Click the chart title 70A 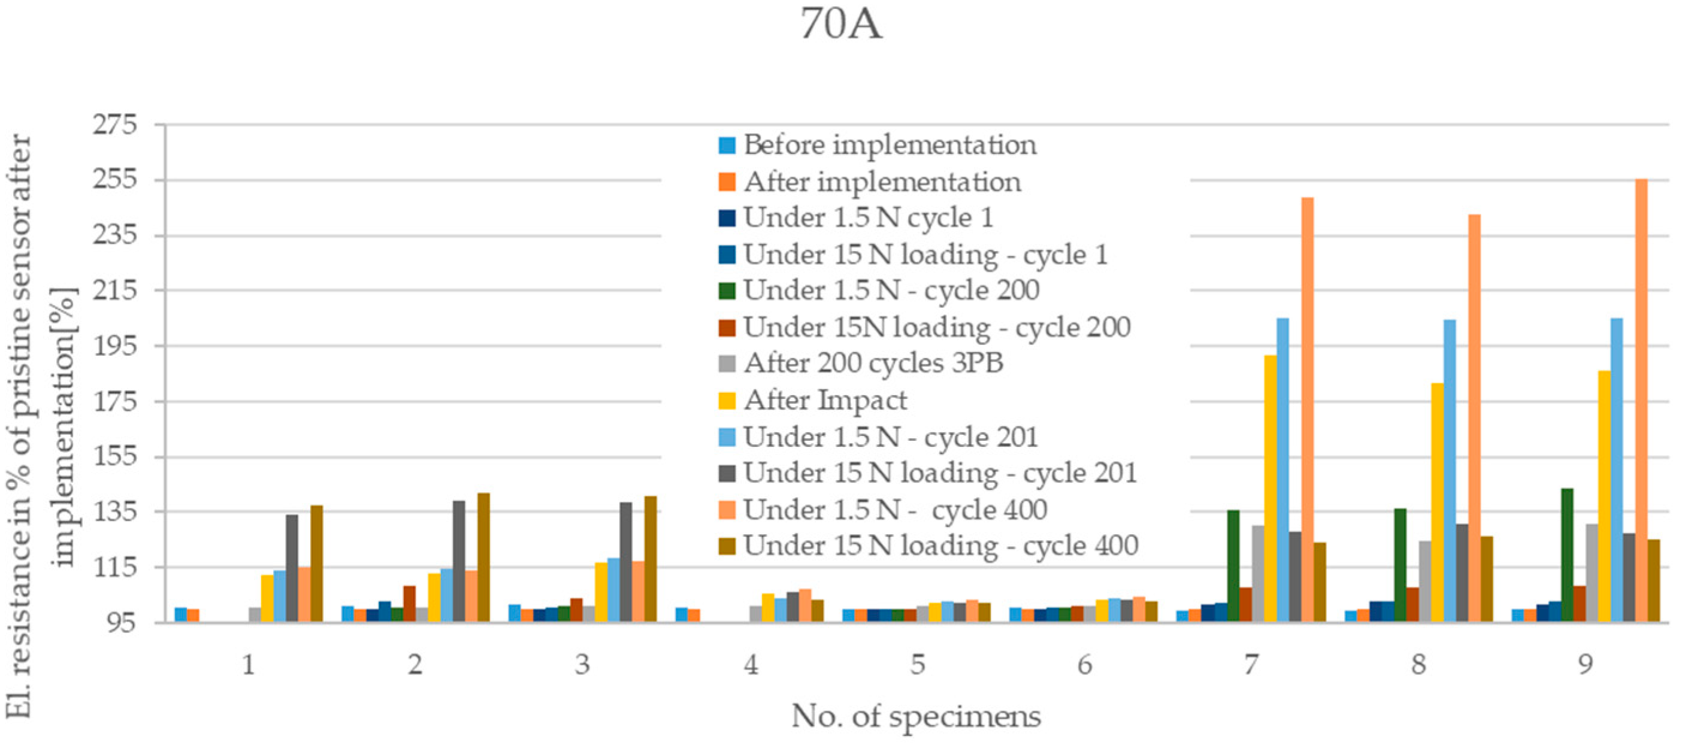click(x=841, y=25)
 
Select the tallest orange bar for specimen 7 click(x=1307, y=410)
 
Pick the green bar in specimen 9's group click(x=1567, y=555)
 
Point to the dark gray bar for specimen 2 click(x=459, y=561)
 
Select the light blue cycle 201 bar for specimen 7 click(x=1282, y=470)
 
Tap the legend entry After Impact click(x=825, y=400)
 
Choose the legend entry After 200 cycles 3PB click(x=872, y=364)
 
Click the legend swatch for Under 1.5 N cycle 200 click(x=727, y=290)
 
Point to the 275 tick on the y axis click(x=116, y=124)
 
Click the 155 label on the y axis click(x=116, y=456)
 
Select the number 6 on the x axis click(x=1085, y=665)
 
